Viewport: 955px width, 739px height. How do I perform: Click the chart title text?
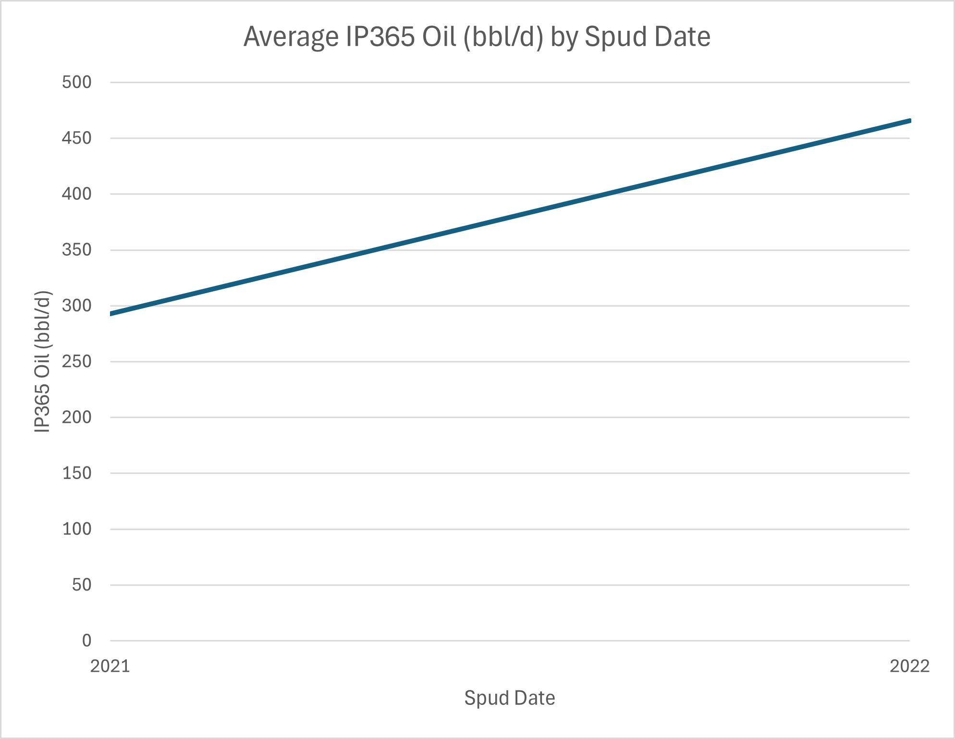click(477, 37)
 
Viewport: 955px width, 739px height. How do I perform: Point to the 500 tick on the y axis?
click(76, 82)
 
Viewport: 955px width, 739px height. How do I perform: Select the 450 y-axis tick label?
click(76, 138)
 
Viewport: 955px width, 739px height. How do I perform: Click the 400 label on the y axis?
click(76, 194)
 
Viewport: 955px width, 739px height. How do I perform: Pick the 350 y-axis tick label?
click(76, 250)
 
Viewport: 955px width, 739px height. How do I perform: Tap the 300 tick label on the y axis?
click(76, 306)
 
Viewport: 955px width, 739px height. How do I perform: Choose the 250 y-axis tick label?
click(76, 361)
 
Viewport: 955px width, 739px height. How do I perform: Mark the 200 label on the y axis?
click(76, 417)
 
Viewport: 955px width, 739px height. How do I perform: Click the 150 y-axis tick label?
click(76, 473)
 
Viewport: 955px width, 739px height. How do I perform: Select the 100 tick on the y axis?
click(76, 529)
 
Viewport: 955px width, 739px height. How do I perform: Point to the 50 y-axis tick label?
click(82, 585)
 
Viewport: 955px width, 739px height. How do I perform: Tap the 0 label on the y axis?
click(86, 640)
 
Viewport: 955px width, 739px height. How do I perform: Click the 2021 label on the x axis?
click(110, 666)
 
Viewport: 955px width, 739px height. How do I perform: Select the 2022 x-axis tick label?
click(909, 666)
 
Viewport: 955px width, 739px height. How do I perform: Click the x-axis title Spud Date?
click(509, 698)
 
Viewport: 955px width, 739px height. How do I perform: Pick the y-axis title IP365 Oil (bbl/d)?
click(42, 361)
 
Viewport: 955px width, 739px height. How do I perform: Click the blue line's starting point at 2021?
click(111, 314)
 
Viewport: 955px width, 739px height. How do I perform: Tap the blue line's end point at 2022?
click(909, 121)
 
